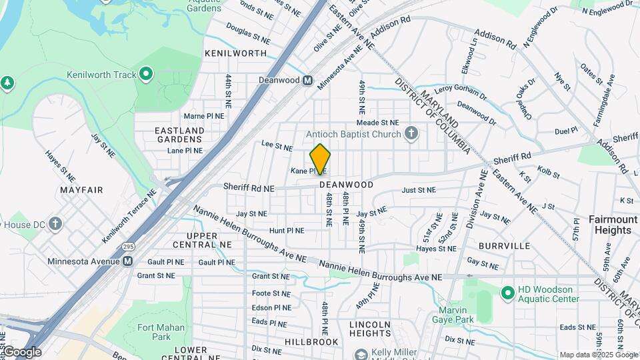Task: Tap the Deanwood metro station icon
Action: tap(307, 80)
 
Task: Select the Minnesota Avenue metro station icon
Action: tap(127, 261)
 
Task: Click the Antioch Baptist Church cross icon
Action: tap(411, 133)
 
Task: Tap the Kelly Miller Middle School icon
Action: tap(361, 354)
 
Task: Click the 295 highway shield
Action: tap(128, 247)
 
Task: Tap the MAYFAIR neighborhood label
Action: tap(81, 190)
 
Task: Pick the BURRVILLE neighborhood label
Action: tap(504, 246)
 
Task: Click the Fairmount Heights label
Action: tap(613, 225)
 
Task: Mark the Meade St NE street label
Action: tap(377, 123)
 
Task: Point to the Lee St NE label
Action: tap(277, 144)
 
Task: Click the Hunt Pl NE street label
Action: tap(287, 231)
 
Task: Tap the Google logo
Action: tap(21, 352)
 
